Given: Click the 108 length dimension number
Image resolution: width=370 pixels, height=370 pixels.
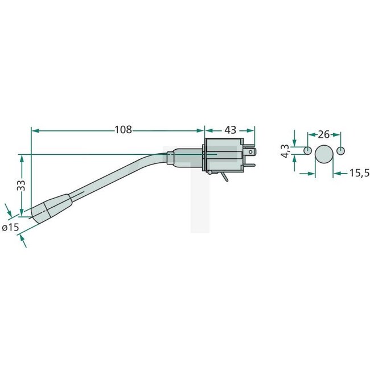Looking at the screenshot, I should (x=124, y=130).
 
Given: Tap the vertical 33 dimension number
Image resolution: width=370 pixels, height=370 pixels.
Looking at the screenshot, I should (x=21, y=184).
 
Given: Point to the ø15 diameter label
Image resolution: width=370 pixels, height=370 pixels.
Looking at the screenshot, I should (x=11, y=227).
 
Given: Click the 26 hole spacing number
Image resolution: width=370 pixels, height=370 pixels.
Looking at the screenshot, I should (x=323, y=135).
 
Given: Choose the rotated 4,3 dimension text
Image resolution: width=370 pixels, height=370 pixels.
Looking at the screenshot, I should (x=286, y=154).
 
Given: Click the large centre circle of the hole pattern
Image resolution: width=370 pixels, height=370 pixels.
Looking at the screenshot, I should (x=324, y=154).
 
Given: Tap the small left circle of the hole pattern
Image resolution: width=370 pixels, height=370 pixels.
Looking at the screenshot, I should (x=307, y=151).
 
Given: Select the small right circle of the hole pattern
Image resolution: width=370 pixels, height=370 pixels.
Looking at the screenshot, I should (x=340, y=151).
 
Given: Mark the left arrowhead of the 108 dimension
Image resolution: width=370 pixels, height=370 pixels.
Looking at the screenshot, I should (x=34, y=130).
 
